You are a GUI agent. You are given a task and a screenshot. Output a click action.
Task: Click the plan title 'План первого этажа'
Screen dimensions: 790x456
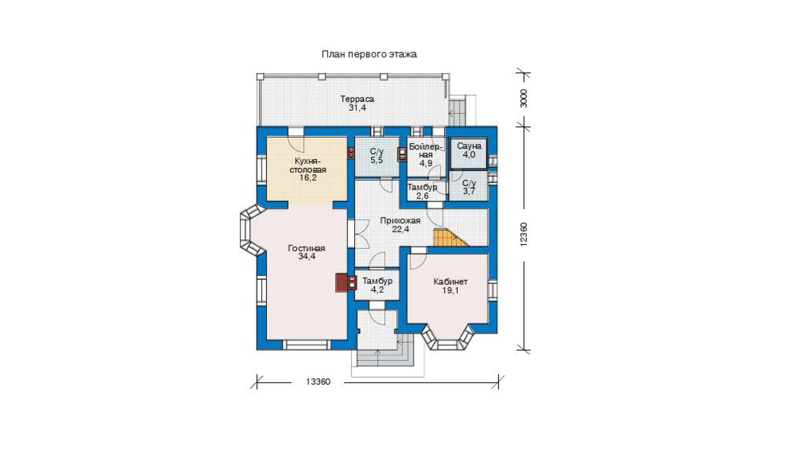369,54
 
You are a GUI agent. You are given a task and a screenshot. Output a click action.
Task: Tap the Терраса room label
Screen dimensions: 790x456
357,99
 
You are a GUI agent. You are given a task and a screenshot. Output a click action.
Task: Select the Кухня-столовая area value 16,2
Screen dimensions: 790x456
308,178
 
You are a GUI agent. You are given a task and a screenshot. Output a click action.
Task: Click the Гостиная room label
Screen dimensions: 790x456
307,248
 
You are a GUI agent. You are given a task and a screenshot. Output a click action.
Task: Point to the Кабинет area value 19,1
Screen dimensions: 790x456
450,290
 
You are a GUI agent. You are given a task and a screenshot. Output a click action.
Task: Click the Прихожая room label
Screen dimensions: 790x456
400,221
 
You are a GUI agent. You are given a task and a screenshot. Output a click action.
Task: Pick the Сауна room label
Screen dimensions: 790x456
469,146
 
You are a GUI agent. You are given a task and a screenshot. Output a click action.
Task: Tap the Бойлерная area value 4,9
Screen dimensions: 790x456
426,163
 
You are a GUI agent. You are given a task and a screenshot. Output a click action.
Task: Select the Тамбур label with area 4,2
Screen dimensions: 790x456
377,281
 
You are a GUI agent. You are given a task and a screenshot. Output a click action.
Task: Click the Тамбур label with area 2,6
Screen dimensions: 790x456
422,187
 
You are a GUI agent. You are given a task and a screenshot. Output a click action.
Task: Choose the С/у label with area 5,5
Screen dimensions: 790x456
376,152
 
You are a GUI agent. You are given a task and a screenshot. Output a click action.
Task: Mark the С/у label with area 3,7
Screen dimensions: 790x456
469,183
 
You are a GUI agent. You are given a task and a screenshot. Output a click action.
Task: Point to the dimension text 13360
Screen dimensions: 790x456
318,382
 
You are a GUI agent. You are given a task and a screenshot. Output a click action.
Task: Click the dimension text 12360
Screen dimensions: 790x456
523,235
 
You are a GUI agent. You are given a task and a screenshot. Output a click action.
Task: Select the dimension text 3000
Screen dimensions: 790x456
523,98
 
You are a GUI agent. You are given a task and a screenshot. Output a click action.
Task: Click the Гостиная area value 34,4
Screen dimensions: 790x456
307,256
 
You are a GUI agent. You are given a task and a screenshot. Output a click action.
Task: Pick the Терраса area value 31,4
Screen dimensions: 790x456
357,107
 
